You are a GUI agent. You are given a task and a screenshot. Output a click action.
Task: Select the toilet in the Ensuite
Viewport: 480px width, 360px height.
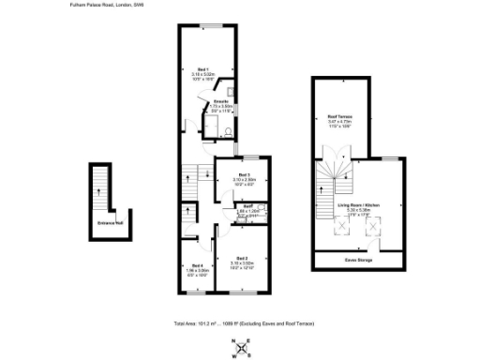tap(230, 92)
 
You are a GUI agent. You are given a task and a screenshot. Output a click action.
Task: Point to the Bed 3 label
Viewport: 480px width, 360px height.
tap(243, 174)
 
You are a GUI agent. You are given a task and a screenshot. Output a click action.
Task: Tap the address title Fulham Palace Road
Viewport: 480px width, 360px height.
tap(108, 5)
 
